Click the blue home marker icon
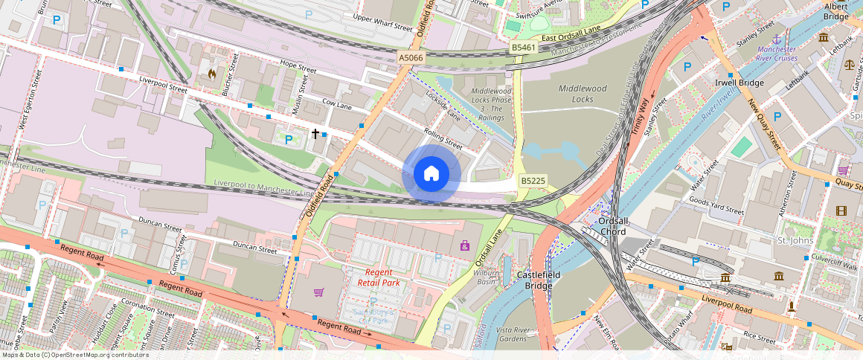coord(431,174)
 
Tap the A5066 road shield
coord(411,57)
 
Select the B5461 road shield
coord(524,48)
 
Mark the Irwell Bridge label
coord(739,83)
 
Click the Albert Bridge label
coord(835,11)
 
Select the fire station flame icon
coord(212,74)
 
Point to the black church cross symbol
coord(315,134)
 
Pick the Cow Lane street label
coord(337,105)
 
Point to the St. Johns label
coord(792,241)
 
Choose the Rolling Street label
coord(443,138)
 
